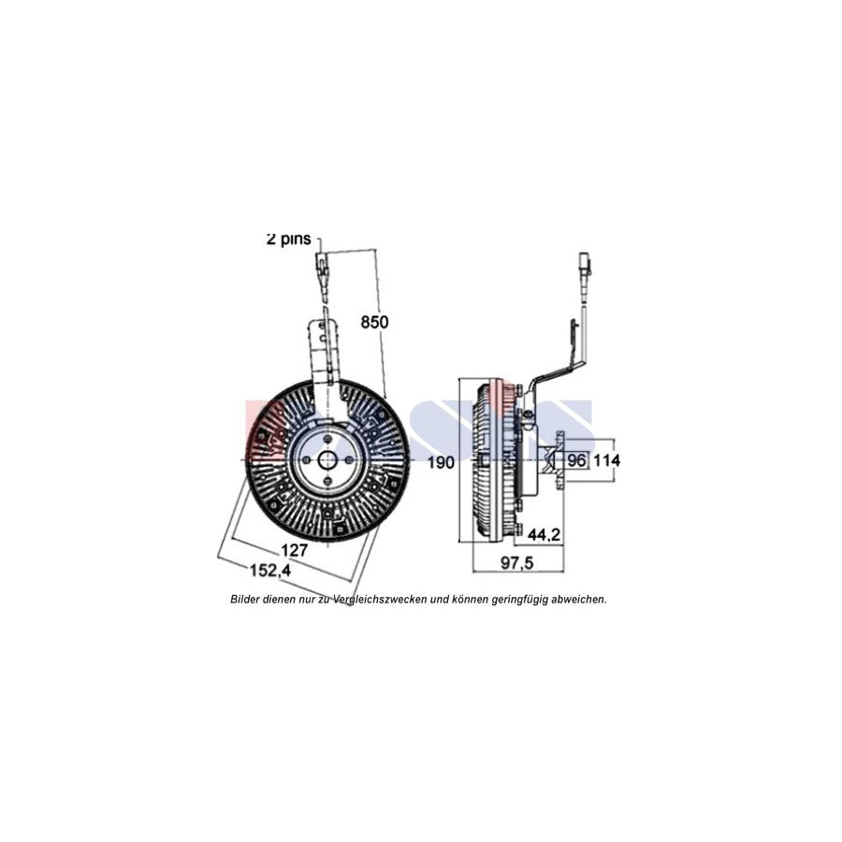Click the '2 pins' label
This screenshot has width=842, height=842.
point(288,240)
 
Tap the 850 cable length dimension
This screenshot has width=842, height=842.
point(374,322)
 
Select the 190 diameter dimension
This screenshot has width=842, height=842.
point(443,462)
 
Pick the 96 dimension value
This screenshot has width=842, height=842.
point(576,460)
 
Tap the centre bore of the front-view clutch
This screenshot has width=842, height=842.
point(327,459)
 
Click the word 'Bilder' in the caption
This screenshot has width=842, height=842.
point(247,599)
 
